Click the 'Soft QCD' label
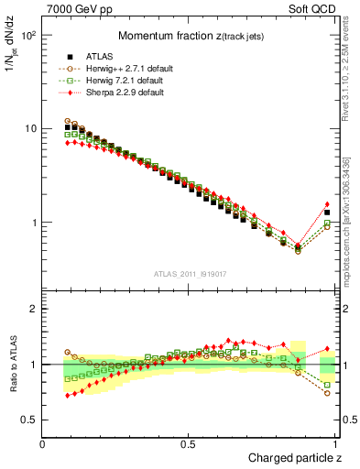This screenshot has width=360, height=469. (x=317, y=8)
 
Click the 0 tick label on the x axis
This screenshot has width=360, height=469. (x=43, y=443)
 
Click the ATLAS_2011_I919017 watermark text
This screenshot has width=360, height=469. (x=189, y=274)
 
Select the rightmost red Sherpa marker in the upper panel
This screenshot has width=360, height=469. (x=327, y=204)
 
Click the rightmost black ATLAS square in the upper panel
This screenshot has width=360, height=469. (x=327, y=213)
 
